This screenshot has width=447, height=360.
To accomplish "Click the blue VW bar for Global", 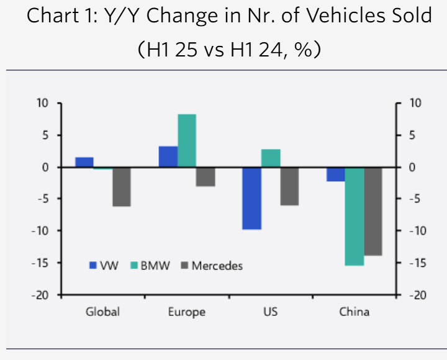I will coord(84,162).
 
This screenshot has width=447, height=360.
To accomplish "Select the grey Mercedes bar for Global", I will coord(122,186).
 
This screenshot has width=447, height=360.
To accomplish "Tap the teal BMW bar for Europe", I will coord(187,140).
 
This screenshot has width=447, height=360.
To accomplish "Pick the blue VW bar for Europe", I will coord(168,156).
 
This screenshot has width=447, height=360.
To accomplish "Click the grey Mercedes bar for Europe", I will coord(205,177).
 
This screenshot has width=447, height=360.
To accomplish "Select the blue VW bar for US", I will coord(251,198).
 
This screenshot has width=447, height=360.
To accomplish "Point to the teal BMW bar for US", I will coord(271,158).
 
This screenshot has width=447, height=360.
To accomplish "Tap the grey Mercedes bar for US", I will coord(289,186).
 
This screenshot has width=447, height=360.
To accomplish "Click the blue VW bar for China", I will coord(336,174).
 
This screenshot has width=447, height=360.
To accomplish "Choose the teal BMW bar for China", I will coord(354,216).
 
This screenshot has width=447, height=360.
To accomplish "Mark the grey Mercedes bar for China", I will coord(373,211).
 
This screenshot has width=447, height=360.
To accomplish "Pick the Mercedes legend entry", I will coord(211,266).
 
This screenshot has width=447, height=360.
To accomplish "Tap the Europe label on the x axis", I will coord(186,312).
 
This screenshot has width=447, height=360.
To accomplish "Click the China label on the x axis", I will coord(354,312).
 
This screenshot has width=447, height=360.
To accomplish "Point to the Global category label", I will coord(102,312).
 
